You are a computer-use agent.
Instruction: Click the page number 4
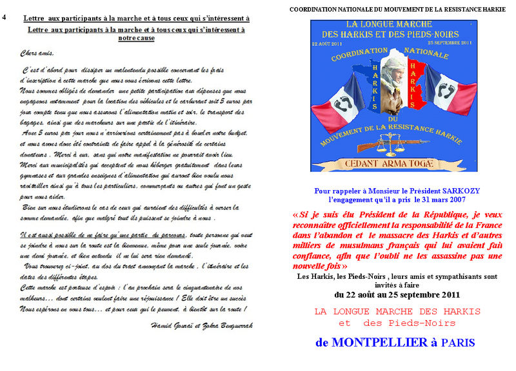pos(5,18)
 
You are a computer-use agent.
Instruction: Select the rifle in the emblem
pos(395,140)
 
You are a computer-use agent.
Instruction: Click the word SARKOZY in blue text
pos(460,191)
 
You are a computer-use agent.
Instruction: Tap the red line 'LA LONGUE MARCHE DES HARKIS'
pos(397,311)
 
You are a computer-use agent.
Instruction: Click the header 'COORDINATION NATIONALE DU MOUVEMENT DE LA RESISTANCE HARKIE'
pos(397,10)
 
